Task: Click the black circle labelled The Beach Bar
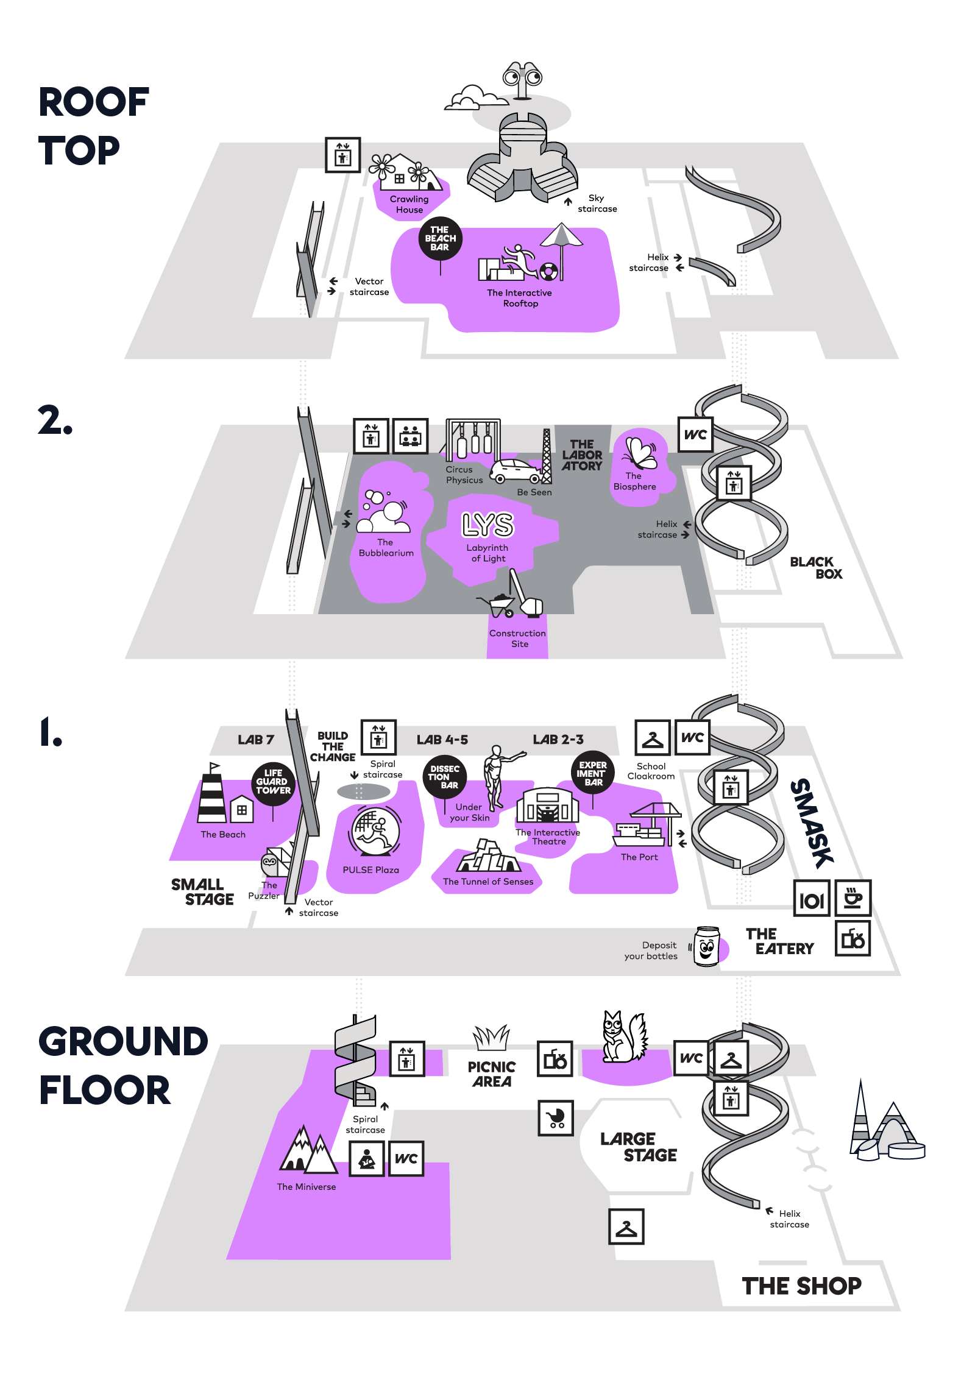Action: (x=440, y=238)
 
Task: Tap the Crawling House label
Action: (x=409, y=204)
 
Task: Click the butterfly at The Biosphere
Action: (x=640, y=453)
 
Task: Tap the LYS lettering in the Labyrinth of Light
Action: (x=487, y=525)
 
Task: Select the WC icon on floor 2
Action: (x=695, y=434)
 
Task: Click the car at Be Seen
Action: (x=516, y=471)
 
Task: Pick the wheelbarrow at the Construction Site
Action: (x=498, y=604)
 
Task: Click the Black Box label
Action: (x=816, y=568)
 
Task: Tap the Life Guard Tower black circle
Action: (x=273, y=782)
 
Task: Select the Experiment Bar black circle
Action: (x=593, y=773)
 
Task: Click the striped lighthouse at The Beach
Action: (x=212, y=795)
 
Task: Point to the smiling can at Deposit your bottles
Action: (x=707, y=946)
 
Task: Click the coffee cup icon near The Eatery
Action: (x=853, y=897)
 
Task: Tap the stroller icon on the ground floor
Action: (x=556, y=1118)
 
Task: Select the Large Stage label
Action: (x=638, y=1147)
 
